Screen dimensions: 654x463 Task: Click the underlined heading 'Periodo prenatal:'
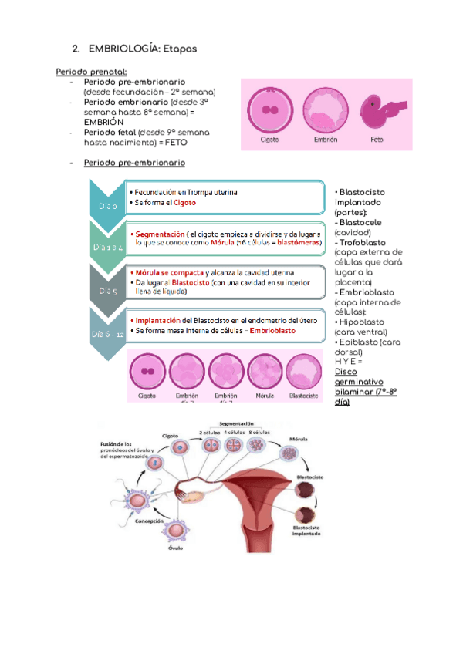point(86,72)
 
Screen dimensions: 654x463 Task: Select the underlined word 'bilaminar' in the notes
point(354,393)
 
